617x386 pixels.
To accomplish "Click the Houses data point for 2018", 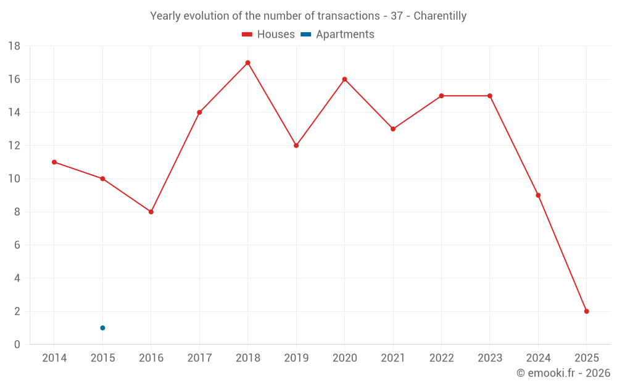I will click(247, 62).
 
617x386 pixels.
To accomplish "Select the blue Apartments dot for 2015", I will click(102, 328).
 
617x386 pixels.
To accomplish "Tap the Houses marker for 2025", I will click(586, 311).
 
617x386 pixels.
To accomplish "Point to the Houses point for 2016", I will click(151, 212).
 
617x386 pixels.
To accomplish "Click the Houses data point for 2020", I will click(344, 79).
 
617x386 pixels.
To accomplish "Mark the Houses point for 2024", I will click(538, 195).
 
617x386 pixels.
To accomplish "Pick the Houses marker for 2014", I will click(54, 162).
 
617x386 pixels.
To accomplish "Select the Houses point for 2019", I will click(296, 146).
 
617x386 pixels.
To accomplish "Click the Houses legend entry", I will click(268, 35).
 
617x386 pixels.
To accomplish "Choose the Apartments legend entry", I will click(337, 35).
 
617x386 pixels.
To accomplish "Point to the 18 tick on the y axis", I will click(14, 46).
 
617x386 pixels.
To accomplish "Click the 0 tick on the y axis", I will click(17, 345).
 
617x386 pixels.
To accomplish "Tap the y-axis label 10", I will click(14, 179).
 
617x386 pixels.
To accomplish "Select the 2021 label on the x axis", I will click(393, 358).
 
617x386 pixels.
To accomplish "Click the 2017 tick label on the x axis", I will click(199, 358).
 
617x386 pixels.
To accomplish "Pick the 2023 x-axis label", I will click(490, 358).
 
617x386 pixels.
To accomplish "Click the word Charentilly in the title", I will click(440, 16).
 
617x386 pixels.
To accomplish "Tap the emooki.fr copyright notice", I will click(563, 373).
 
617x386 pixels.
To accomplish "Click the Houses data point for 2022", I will click(441, 96).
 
